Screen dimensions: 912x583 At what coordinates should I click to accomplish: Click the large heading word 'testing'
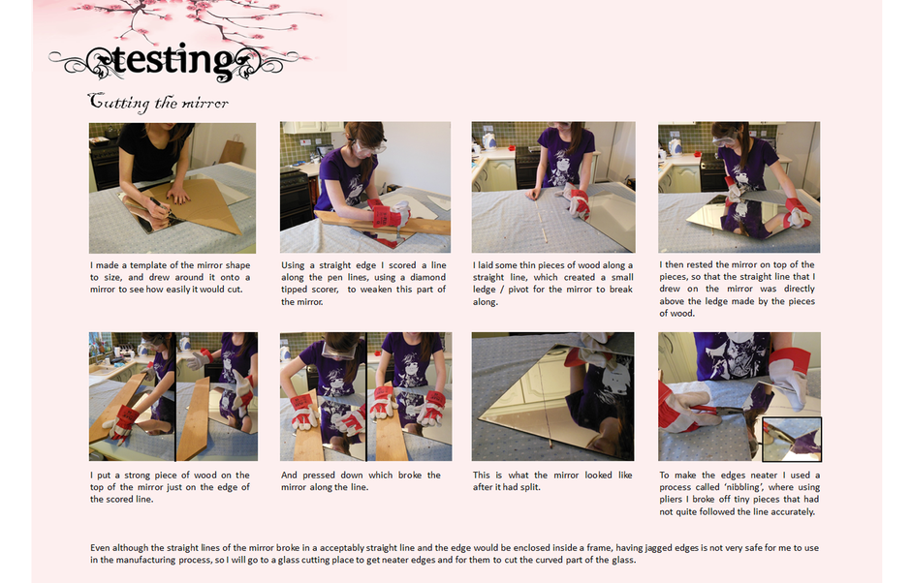[173, 60]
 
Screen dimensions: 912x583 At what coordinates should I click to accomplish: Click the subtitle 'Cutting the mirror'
[158, 103]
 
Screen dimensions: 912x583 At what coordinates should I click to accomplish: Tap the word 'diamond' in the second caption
[427, 277]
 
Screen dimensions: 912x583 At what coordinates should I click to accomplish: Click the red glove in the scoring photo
[390, 216]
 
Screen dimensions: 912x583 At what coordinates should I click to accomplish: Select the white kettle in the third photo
[489, 141]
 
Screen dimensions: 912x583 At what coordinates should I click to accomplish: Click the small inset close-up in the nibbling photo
[792, 440]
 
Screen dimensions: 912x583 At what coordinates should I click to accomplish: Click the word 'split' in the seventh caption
[530, 487]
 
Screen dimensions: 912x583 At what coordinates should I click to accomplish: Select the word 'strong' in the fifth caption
[142, 475]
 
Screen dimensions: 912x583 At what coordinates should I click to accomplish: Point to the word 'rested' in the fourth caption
[699, 264]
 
